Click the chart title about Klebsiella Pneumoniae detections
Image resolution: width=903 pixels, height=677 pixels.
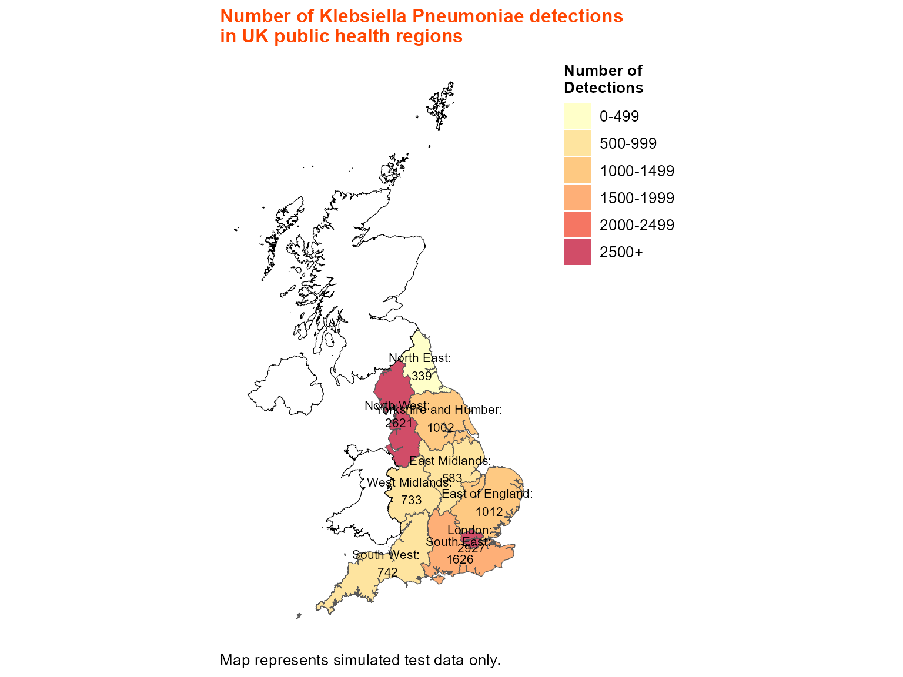(421, 26)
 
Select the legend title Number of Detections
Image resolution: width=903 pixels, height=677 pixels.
(603, 79)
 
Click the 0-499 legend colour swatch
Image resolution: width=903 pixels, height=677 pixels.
(577, 116)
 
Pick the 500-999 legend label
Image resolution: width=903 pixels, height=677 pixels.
(628, 143)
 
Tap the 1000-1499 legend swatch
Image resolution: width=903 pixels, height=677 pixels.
(577, 170)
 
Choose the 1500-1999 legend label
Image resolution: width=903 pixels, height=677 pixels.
(637, 198)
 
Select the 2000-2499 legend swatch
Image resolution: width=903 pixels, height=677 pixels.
(577, 225)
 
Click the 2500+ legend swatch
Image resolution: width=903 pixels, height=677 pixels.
(577, 252)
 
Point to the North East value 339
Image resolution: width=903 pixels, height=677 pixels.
(422, 376)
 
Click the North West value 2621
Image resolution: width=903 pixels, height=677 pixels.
(399, 423)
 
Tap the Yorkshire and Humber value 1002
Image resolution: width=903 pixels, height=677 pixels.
(441, 428)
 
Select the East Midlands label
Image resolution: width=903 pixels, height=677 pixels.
(450, 461)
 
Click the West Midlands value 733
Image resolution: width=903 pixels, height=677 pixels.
(412, 500)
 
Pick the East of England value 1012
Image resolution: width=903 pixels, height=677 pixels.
(489, 512)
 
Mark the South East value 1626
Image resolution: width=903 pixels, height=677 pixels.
(460, 559)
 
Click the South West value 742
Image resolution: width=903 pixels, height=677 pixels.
(387, 572)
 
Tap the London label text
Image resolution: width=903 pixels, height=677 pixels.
(469, 530)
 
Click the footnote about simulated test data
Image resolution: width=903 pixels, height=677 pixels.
(360, 660)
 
